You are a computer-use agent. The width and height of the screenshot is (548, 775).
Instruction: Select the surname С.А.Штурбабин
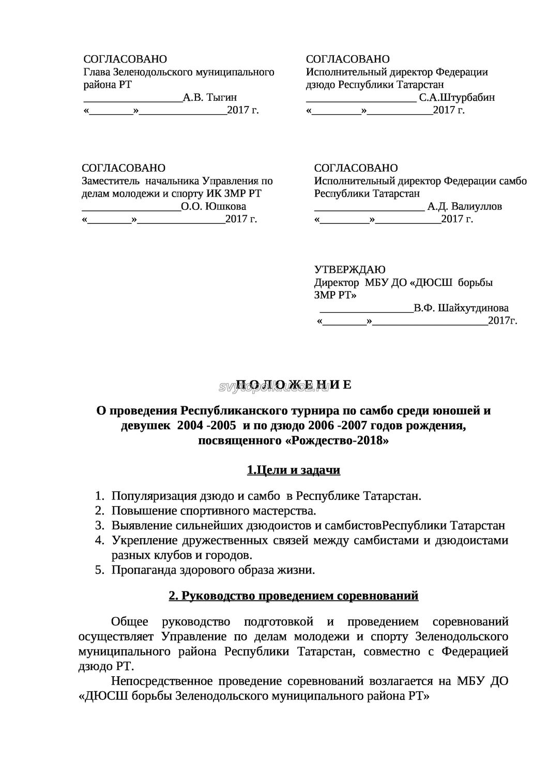pyautogui.click(x=457, y=97)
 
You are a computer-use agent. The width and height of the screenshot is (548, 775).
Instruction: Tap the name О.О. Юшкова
pyautogui.click(x=214, y=206)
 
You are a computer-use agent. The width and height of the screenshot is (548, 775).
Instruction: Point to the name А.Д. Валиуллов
pyautogui.click(x=464, y=206)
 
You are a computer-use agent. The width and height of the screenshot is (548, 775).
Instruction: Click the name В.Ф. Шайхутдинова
pyautogui.click(x=461, y=308)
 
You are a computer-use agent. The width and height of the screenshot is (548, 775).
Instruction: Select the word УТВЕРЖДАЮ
pyautogui.click(x=350, y=269)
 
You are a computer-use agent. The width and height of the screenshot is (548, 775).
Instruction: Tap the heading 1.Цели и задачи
pyautogui.click(x=293, y=470)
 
